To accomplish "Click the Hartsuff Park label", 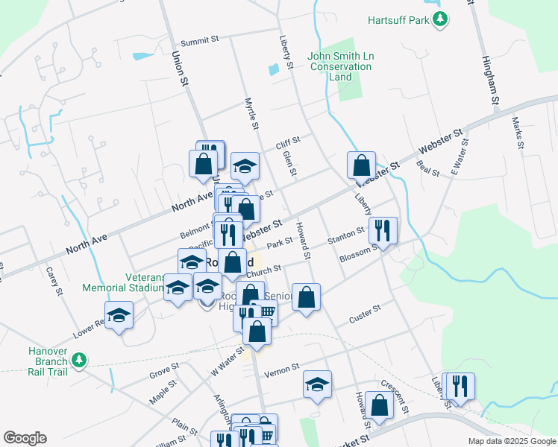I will point(398,20).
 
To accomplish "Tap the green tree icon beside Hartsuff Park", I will point(441,19).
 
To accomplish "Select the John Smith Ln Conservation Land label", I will point(340,66).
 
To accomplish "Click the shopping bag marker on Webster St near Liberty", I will point(361,164).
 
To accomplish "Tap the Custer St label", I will point(366,314).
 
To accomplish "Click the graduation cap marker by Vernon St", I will point(317,384).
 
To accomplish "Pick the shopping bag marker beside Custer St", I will point(306,297).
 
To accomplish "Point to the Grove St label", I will point(163,368).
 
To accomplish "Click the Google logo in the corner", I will point(25,438).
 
